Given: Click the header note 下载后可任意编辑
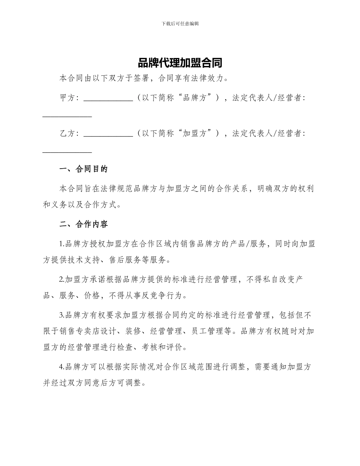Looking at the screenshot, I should (180, 23).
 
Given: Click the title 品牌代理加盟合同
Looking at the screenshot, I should (180, 63).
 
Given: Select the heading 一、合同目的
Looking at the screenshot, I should (84, 169).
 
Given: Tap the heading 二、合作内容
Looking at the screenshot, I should (84, 224).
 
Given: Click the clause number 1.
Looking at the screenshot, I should (61, 244).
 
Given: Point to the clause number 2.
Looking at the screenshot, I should (61, 280).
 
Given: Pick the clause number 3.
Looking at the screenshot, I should (61, 315).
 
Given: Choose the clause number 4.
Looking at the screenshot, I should (61, 367).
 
